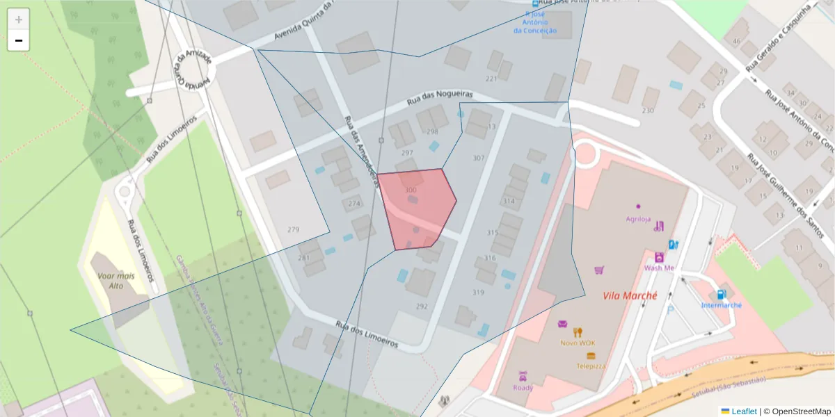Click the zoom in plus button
click(19, 19)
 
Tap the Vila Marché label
click(629, 295)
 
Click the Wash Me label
click(659, 268)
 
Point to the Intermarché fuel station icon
click(721, 295)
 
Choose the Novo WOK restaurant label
click(578, 343)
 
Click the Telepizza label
click(590, 366)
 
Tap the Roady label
click(523, 387)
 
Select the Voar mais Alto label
click(116, 281)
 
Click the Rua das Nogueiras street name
click(440, 97)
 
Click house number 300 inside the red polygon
click(411, 190)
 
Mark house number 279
click(293, 229)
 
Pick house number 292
click(422, 306)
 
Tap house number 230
click(648, 111)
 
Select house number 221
click(491, 79)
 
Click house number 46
click(736, 41)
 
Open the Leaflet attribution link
click(743, 411)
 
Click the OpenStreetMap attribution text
click(797, 411)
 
